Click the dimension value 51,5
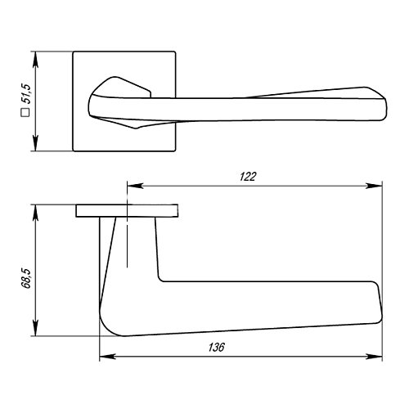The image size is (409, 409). click(27, 93)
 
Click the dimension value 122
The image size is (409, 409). click(248, 177)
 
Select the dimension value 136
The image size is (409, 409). click(217, 348)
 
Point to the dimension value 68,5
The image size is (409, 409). click(26, 278)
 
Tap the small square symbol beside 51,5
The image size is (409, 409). click(25, 113)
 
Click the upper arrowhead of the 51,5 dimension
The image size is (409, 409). click(35, 60)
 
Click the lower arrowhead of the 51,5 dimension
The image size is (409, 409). click(35, 142)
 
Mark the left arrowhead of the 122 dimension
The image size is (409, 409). click(135, 186)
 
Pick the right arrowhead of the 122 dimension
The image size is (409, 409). click(374, 186)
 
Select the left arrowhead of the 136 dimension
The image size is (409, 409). click(108, 357)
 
